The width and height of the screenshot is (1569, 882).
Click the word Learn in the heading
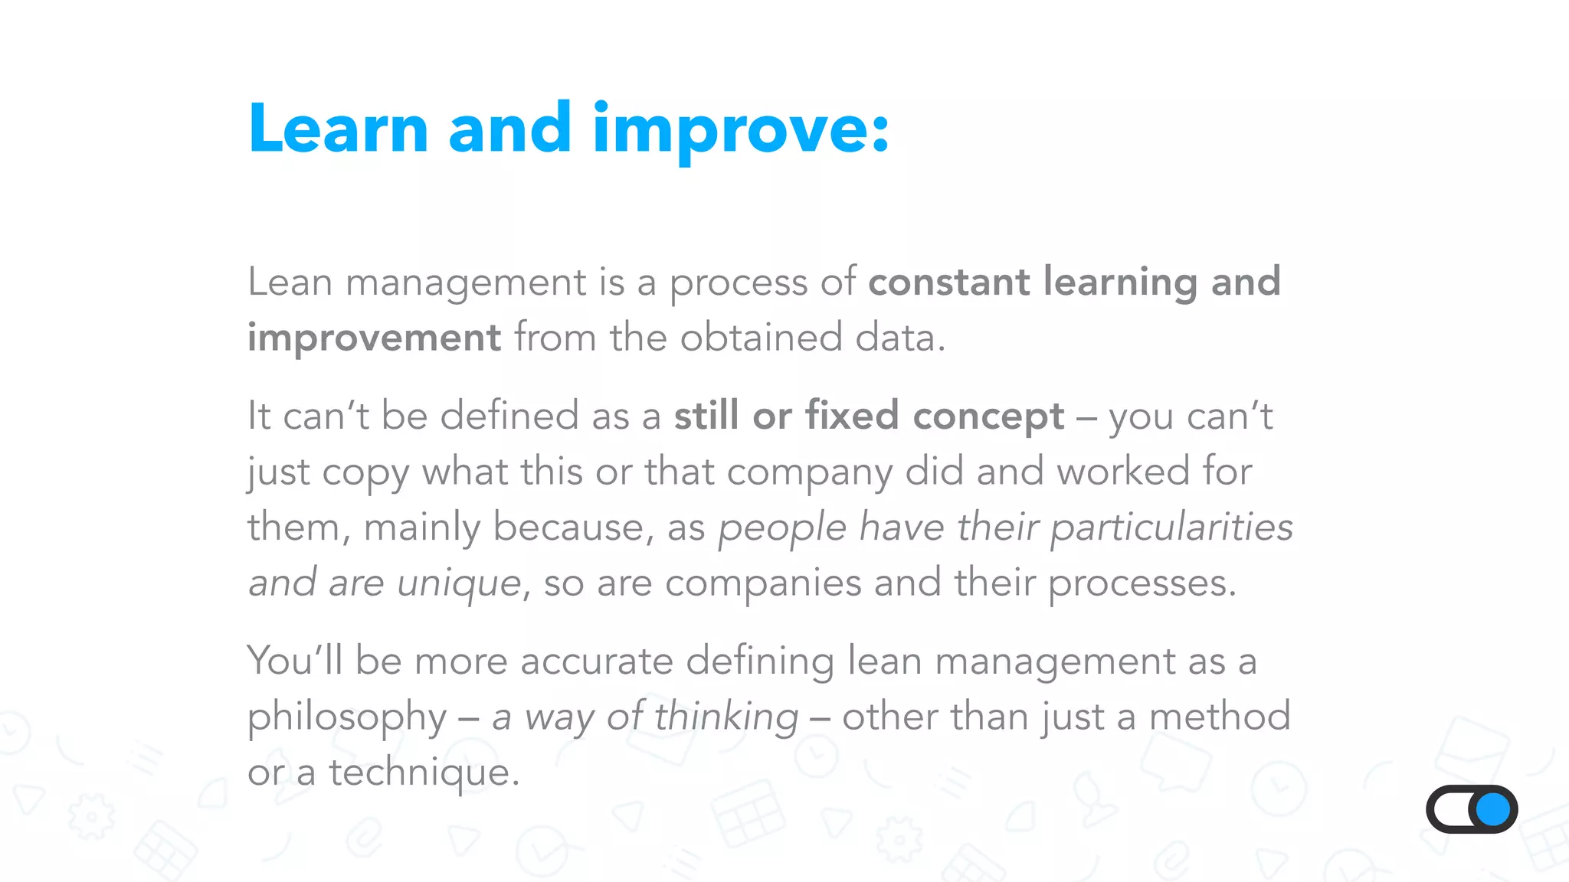[338, 129]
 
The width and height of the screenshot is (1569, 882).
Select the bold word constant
[948, 282]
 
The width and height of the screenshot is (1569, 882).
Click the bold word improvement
[374, 338]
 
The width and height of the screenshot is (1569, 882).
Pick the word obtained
[761, 338]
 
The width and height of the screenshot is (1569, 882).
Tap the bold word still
[706, 416]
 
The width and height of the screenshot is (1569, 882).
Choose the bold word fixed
[851, 416]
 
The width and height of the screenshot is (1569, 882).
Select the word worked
[1123, 471]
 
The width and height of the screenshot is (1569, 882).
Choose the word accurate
[596, 661]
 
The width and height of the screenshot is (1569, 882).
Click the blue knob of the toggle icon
[1493, 809]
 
